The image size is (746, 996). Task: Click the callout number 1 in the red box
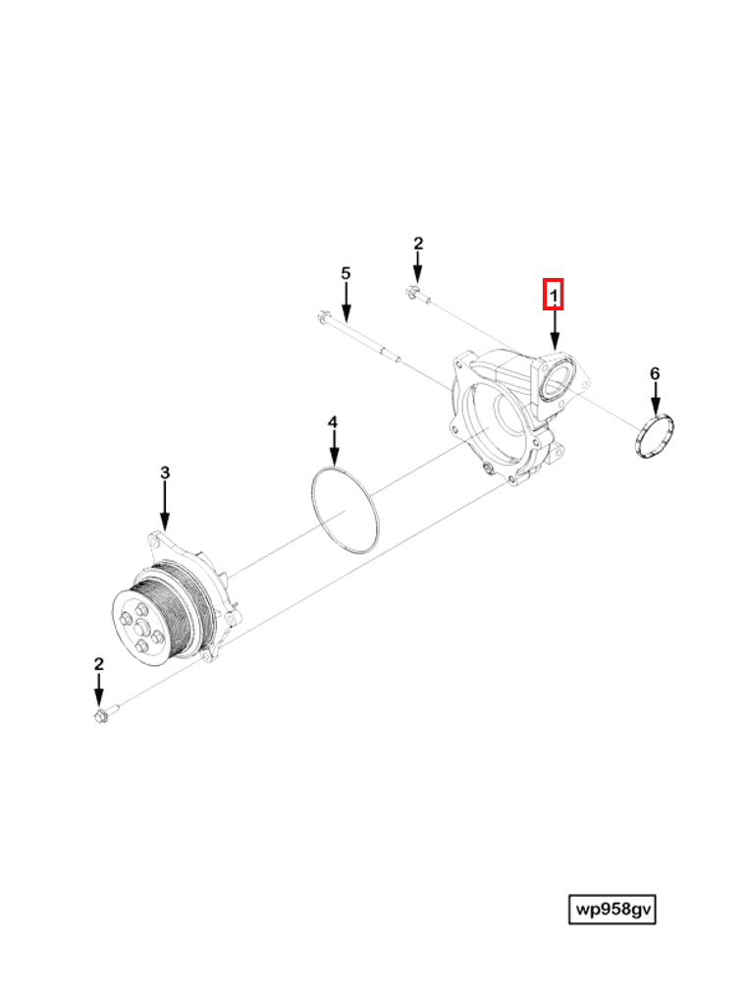coord(555,294)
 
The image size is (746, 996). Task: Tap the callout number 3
coord(165,472)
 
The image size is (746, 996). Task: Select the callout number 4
coord(333,422)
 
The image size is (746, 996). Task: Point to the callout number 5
coord(345,273)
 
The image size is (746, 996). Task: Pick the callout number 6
coord(655,373)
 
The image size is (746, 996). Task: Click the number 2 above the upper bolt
coord(417,244)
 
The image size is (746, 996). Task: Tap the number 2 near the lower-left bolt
coord(98,664)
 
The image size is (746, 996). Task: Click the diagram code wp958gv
coord(613,910)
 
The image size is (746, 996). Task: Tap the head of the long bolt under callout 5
coord(324,317)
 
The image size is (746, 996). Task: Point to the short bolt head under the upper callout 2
coord(411,292)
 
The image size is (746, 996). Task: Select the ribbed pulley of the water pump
coord(182,609)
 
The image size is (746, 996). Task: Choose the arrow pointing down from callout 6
coord(655,398)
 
